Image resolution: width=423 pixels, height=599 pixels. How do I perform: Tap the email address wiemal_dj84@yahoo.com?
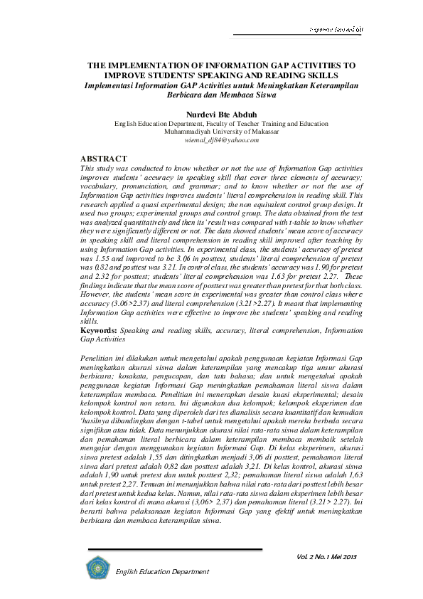click(211, 140)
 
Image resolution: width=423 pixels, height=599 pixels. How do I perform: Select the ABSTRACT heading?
click(104, 158)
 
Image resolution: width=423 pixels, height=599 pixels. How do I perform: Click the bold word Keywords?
click(99, 330)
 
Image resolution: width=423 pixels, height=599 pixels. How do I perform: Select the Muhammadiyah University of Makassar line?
click(211, 132)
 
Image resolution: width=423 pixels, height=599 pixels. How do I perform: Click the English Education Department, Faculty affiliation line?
click(211, 123)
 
